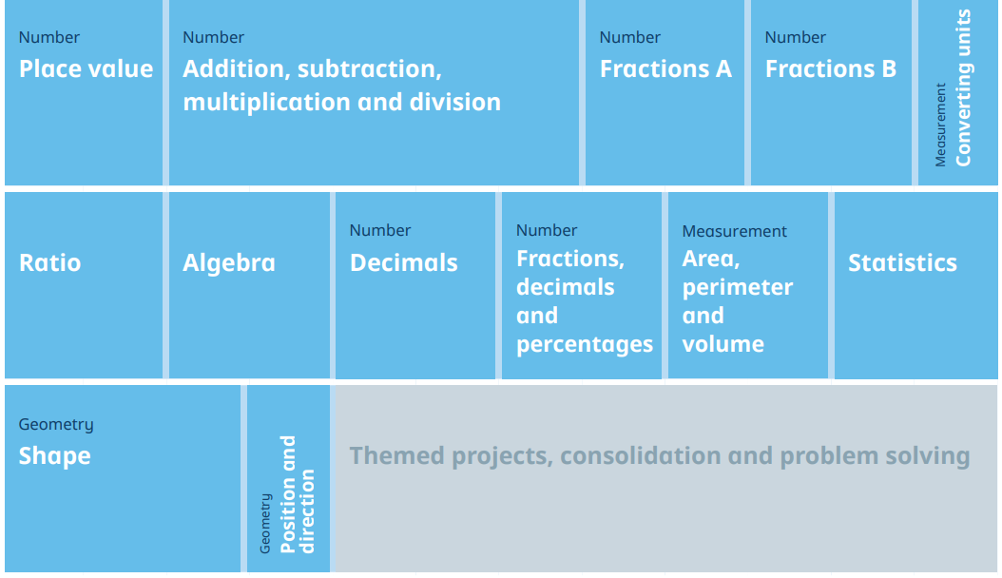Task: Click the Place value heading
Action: coord(87,69)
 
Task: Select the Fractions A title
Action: coord(665,69)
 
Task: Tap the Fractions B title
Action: coord(831,69)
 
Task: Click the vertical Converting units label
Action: coord(962,88)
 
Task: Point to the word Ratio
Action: coord(49,262)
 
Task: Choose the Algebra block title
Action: coord(229,262)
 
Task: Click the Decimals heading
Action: coord(404,262)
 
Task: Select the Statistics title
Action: coord(902,262)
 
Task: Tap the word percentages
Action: coord(584,345)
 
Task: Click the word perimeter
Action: coord(738,288)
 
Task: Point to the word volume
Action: coord(723,344)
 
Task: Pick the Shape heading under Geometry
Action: coord(54,456)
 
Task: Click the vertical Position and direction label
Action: coord(298,494)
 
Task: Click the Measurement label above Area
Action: coord(734,231)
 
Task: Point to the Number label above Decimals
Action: coord(380,230)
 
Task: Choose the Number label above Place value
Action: coord(49,37)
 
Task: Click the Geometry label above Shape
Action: coord(56,425)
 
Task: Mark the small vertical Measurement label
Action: coord(940,125)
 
